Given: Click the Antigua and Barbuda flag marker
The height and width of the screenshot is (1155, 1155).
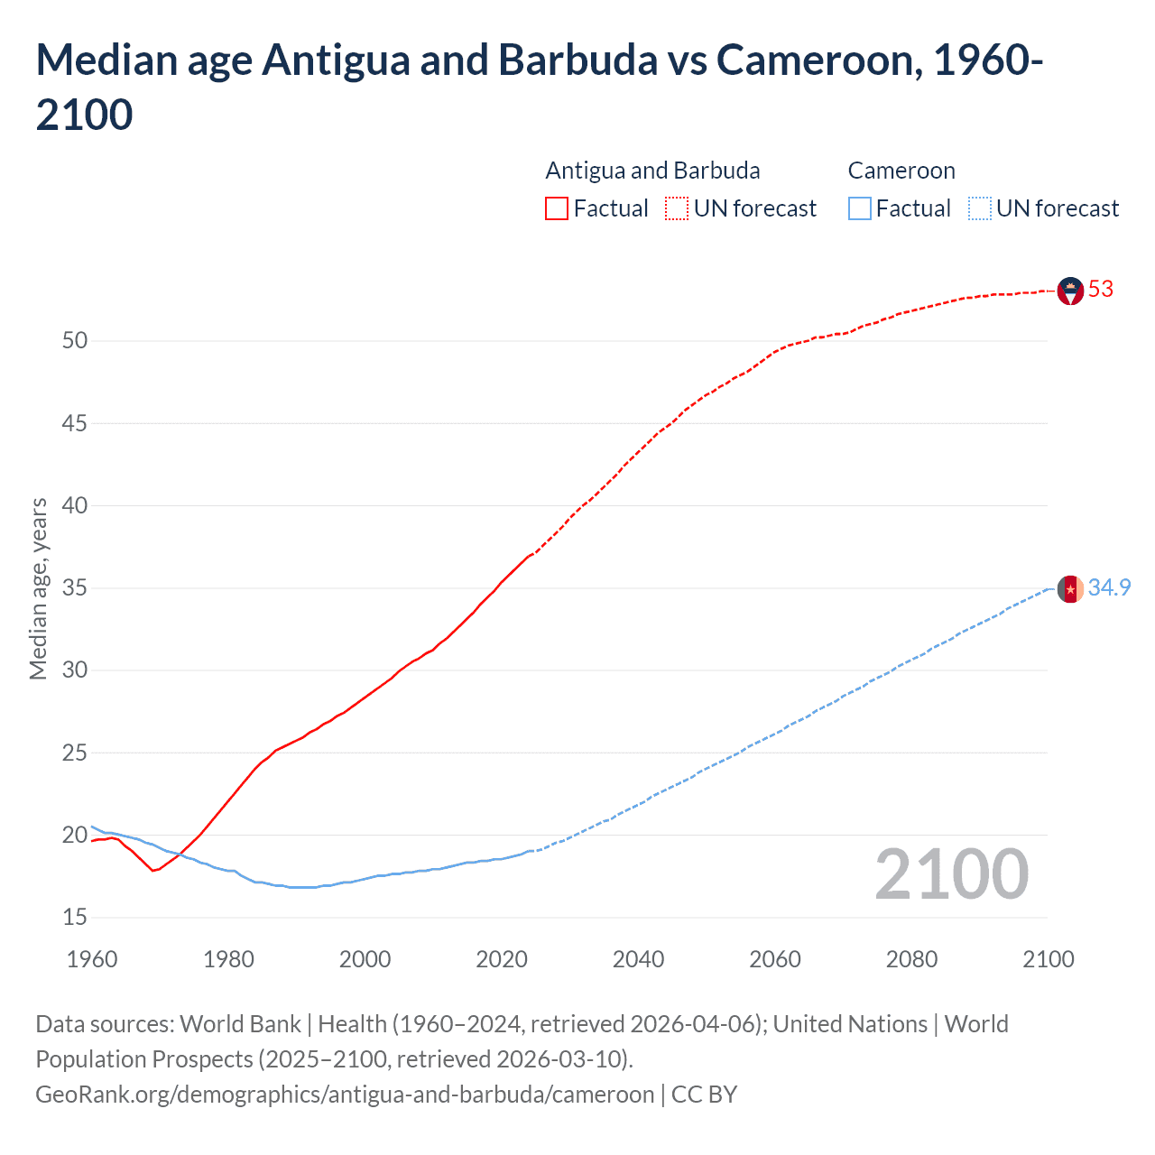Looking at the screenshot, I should tap(1070, 291).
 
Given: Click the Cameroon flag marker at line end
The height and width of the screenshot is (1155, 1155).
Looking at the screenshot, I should tap(1070, 588).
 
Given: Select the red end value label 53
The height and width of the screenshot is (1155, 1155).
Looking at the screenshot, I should tap(1101, 290).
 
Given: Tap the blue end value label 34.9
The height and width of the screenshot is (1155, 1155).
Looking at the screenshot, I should tap(1109, 588).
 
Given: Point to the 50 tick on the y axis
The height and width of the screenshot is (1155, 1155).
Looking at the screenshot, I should tap(75, 341).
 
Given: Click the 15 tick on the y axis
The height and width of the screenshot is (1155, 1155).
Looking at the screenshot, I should tap(75, 918).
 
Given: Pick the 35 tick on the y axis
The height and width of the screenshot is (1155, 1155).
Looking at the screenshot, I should tap(75, 588).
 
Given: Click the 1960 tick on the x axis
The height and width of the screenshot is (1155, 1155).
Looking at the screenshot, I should tap(92, 959).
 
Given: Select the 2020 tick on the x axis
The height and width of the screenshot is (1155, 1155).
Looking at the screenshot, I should tap(502, 959).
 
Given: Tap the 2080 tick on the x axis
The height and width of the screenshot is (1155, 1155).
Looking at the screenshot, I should tap(911, 959).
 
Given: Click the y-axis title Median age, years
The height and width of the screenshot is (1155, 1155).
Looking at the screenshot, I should tap(38, 588).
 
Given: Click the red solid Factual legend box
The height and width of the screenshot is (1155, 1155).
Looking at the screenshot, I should tap(557, 208).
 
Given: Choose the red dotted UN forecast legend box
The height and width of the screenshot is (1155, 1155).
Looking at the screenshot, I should tap(677, 208).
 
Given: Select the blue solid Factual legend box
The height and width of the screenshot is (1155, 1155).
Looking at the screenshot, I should tap(860, 208).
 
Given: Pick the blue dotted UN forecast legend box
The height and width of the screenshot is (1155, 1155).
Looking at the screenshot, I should tap(979, 208).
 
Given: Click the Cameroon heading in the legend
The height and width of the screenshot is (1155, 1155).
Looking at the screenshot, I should tap(901, 171).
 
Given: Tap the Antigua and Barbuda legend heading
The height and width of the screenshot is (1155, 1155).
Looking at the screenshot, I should tap(652, 171).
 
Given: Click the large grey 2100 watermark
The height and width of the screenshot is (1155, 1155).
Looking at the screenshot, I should tap(951, 874).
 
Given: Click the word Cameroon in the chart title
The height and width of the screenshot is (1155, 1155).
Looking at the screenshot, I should tap(818, 60).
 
